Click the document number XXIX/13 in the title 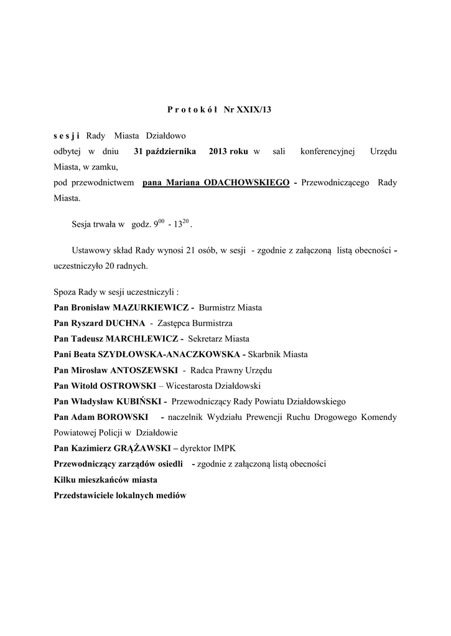pyautogui.click(x=258, y=109)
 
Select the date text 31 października pyautogui.click(x=165, y=152)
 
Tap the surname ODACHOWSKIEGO pyautogui.click(x=246, y=183)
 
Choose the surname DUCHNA pyautogui.click(x=125, y=323)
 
